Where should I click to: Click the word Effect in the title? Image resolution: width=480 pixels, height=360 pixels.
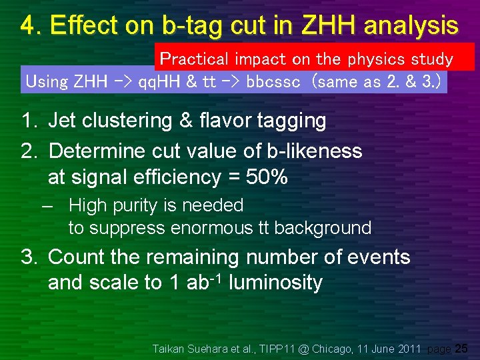point(79,25)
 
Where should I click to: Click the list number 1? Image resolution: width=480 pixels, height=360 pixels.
point(28,121)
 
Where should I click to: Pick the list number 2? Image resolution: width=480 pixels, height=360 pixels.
point(28,151)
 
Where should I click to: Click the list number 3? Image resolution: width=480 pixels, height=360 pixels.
point(28,257)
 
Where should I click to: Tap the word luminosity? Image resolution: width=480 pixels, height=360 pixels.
point(275,283)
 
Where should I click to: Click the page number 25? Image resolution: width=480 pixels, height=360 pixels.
point(461,348)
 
